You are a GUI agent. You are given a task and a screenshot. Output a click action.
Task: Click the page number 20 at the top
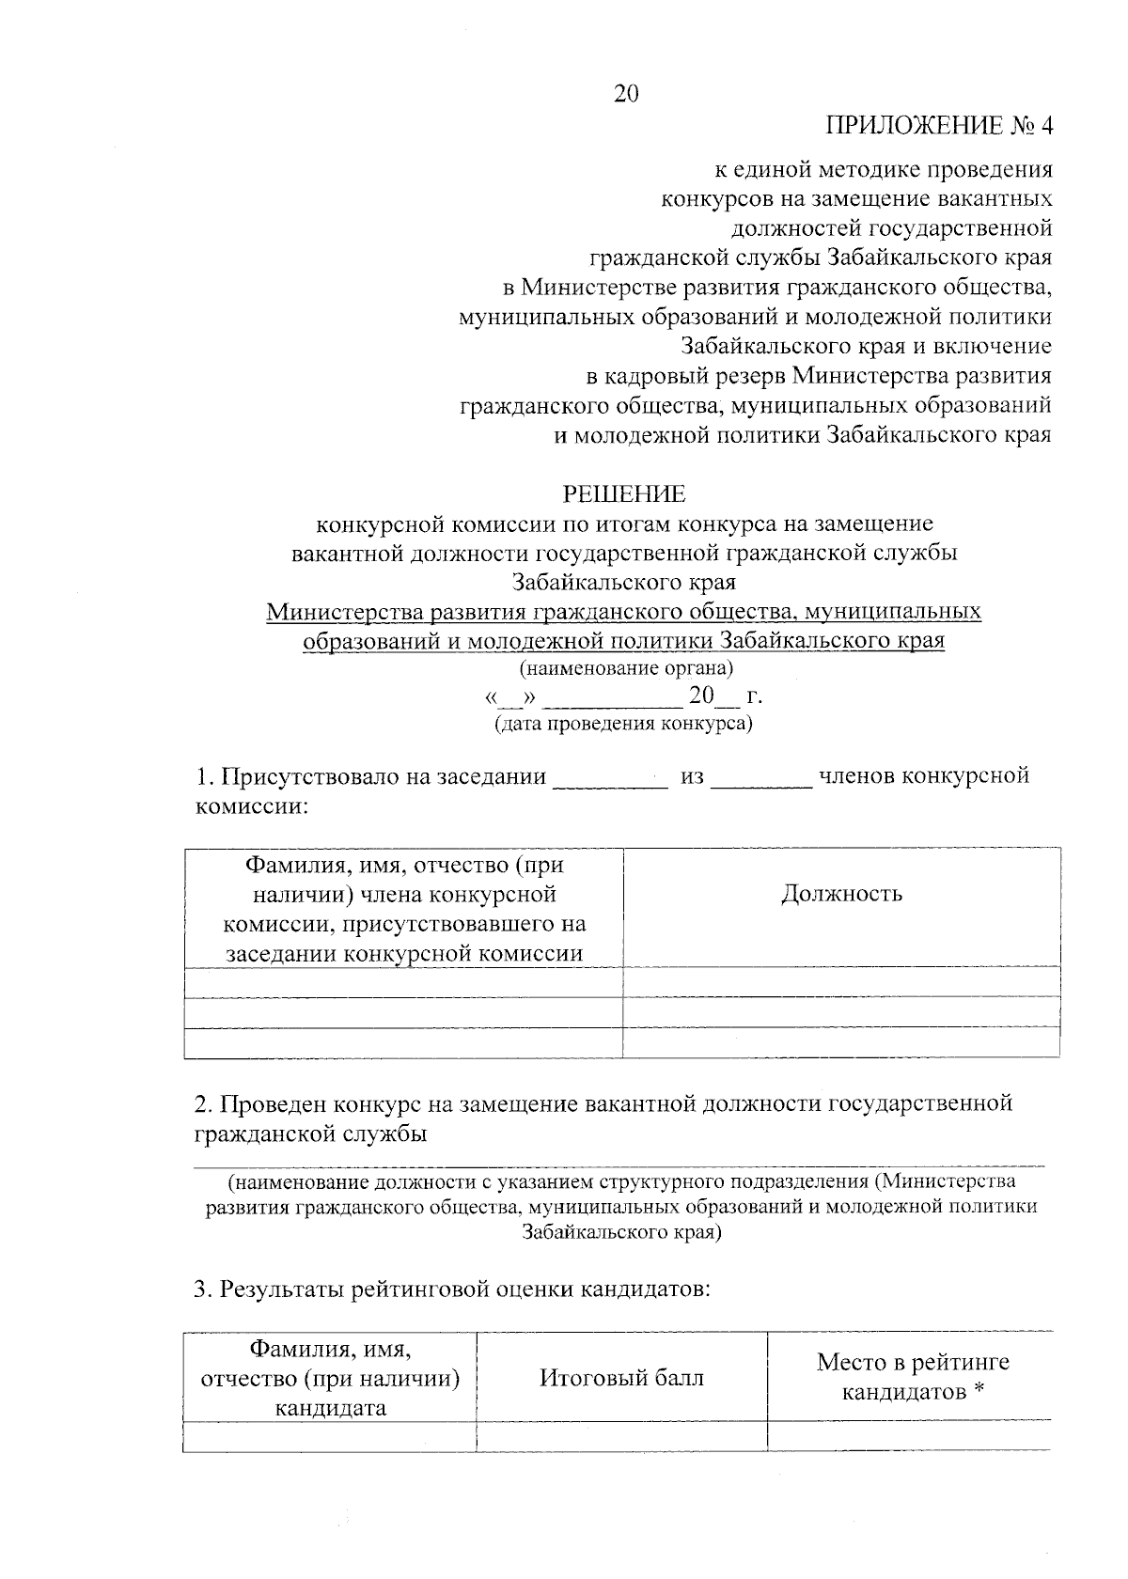[626, 93]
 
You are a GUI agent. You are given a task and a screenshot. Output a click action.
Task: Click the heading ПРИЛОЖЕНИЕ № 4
[939, 126]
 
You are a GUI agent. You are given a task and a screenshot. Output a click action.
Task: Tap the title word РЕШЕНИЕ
[624, 494]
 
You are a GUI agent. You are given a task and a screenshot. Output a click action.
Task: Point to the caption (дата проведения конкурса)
[624, 725]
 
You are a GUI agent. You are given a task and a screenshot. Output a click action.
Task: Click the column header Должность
[841, 894]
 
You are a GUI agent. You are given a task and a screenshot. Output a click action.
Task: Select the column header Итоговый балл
[621, 1378]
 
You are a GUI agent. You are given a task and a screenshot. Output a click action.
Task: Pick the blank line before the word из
[610, 782]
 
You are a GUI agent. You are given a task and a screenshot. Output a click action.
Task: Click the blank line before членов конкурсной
[761, 782]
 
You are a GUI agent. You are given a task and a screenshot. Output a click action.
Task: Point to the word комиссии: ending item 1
[251, 806]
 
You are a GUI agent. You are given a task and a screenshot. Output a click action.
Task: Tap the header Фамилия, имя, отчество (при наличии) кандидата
[330, 1379]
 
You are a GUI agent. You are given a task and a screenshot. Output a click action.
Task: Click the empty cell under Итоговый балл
[621, 1436]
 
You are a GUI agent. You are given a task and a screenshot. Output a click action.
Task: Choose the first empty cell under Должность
[841, 983]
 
